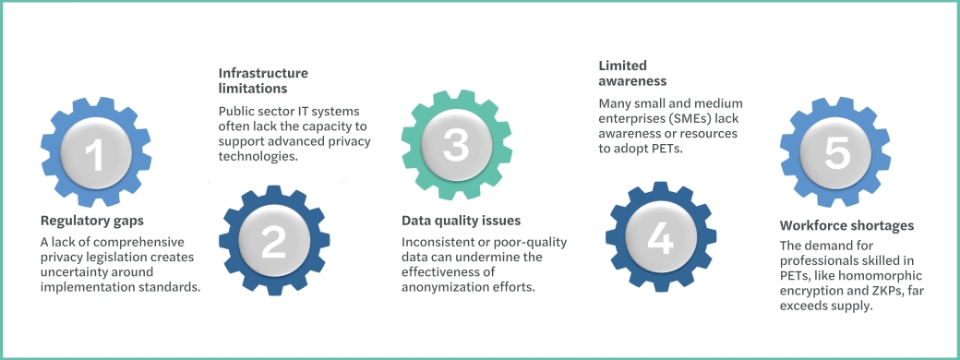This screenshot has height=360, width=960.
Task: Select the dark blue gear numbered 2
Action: pos(273,240)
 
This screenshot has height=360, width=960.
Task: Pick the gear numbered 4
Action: pos(659,237)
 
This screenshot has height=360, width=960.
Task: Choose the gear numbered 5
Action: pos(834,152)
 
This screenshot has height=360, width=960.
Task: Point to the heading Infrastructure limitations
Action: pos(263,80)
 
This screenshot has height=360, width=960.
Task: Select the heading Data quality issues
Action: pos(461,221)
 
